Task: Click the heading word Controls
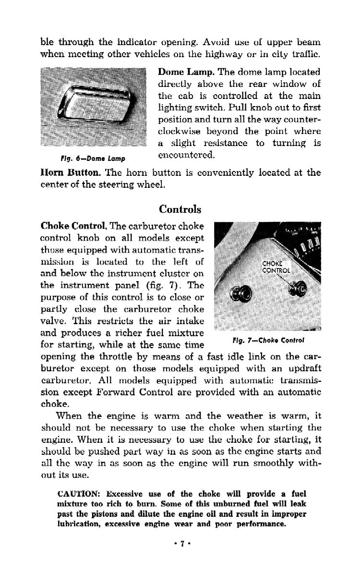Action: [x=180, y=209]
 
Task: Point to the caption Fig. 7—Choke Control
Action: [x=269, y=341]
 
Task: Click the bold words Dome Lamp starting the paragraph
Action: [x=186, y=72]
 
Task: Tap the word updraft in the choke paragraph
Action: [x=303, y=369]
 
